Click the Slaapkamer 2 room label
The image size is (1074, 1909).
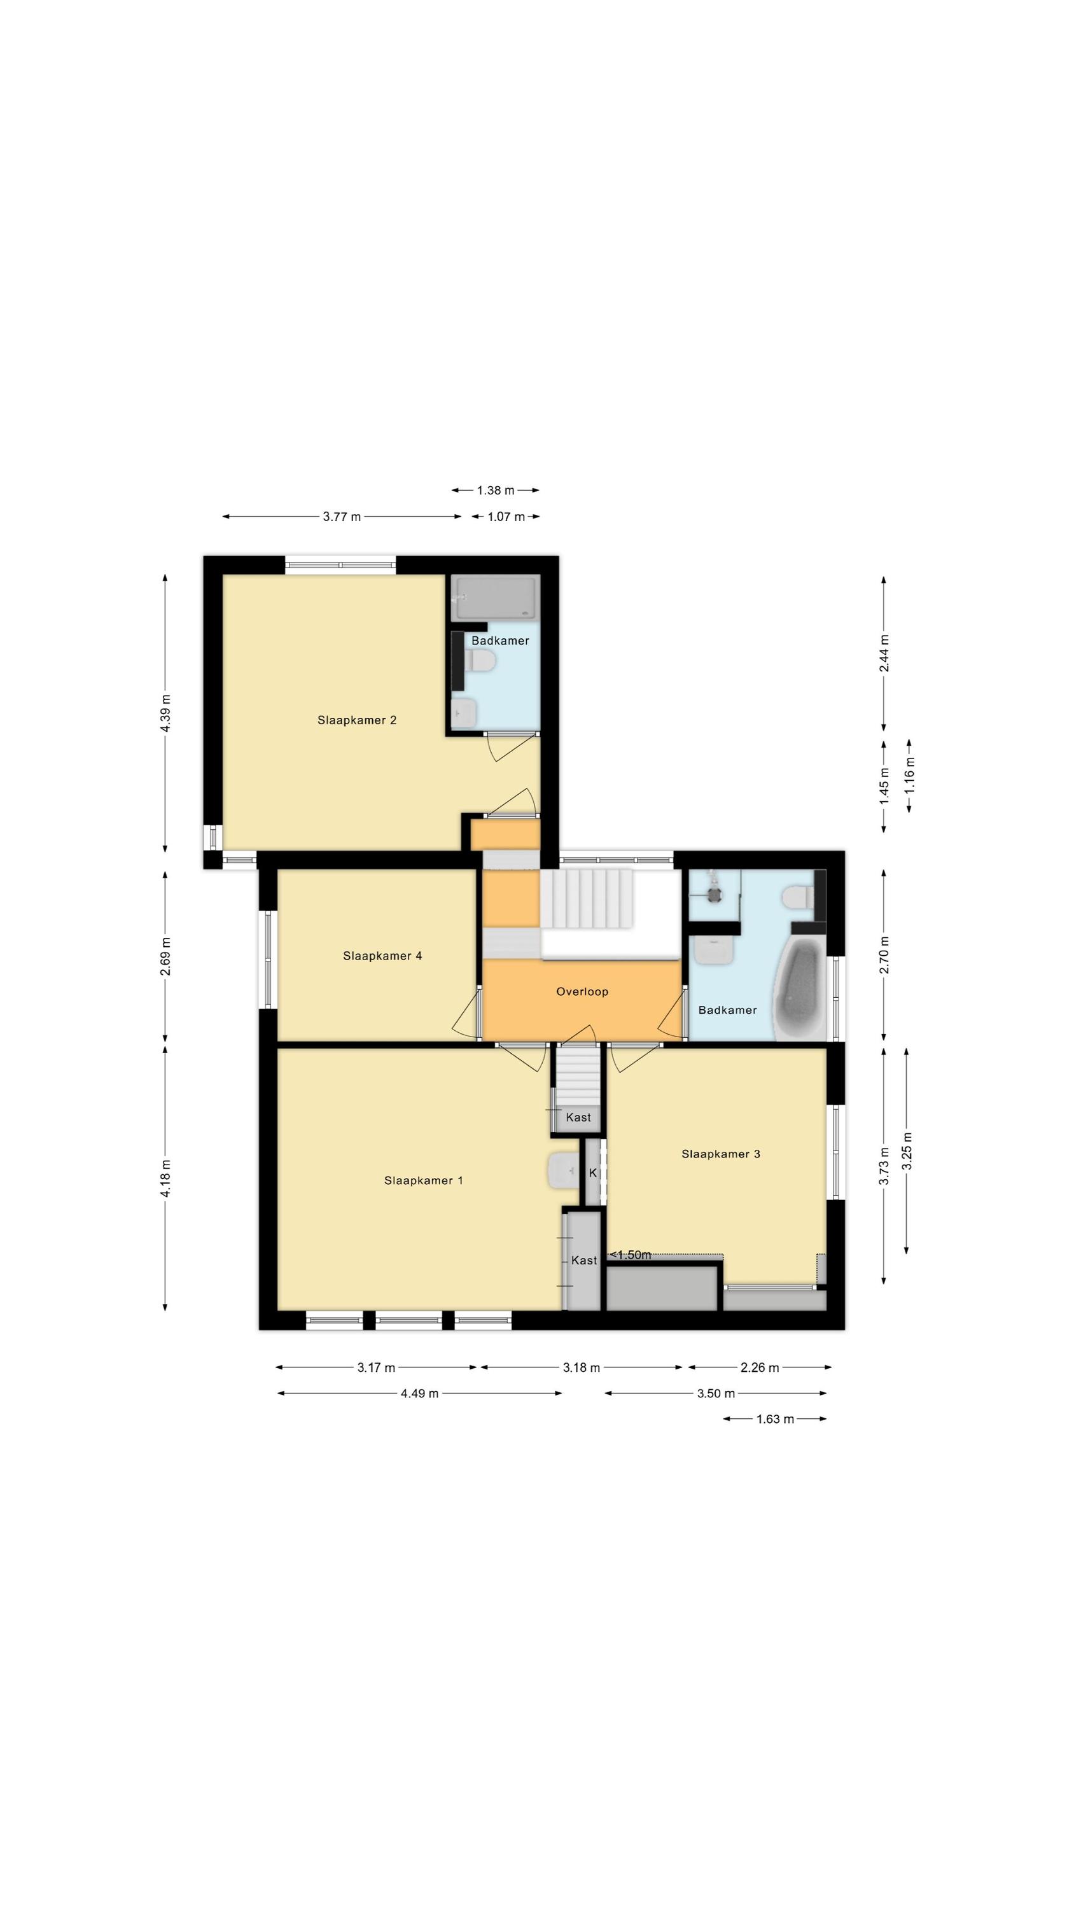(x=356, y=720)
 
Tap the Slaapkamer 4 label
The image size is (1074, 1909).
(x=382, y=956)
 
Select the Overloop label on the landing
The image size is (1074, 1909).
(x=582, y=991)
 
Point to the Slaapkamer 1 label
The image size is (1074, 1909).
(x=423, y=1180)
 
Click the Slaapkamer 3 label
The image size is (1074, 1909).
(x=720, y=1154)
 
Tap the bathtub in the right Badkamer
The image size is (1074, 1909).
(x=800, y=989)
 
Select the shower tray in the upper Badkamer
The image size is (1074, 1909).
(x=494, y=598)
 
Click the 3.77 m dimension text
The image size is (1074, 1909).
(x=342, y=517)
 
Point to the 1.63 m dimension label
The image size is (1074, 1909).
(x=774, y=1419)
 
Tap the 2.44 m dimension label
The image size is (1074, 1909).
(x=884, y=654)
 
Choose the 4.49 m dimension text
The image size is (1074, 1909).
(x=419, y=1393)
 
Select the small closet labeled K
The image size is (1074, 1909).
(x=593, y=1172)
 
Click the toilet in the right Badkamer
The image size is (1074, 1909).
(x=797, y=897)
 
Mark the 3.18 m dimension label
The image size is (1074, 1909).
(x=581, y=1367)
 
